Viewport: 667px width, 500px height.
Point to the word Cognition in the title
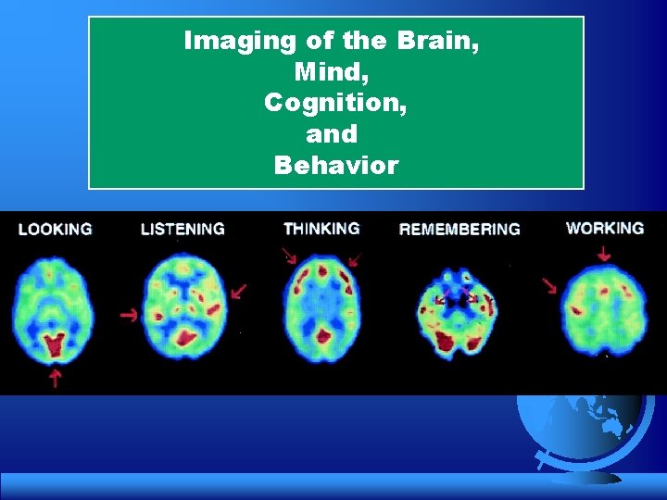[335, 104]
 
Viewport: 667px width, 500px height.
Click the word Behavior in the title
[335, 166]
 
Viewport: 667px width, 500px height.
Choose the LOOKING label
[55, 229]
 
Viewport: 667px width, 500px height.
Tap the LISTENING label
[182, 229]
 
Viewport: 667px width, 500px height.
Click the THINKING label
[321, 229]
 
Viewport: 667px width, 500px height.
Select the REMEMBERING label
[459, 229]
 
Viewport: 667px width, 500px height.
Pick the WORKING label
[605, 228]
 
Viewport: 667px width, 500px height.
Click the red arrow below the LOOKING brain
[55, 376]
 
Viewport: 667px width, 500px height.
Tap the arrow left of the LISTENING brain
[129, 316]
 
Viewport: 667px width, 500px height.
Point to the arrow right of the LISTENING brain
[239, 291]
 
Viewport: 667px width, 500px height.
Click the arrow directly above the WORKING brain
[605, 251]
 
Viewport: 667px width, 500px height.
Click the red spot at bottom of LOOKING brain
[55, 345]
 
